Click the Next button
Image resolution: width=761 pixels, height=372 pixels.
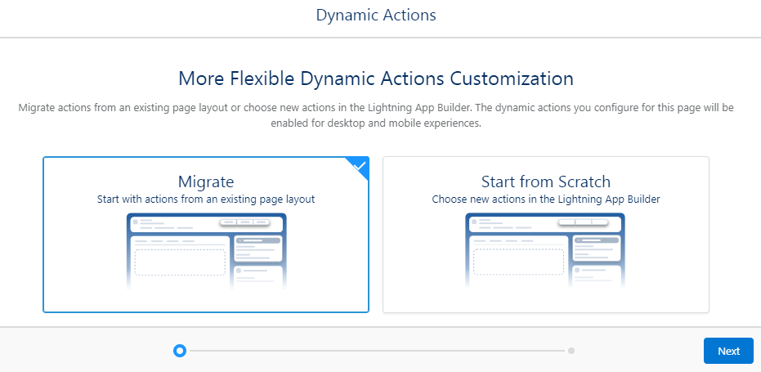[x=728, y=351]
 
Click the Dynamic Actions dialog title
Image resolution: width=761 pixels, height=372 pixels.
[x=376, y=15]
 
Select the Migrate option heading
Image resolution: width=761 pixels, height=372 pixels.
[x=206, y=182]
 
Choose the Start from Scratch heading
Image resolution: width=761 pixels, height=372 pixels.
[x=546, y=182]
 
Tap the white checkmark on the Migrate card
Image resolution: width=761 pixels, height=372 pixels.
[x=360, y=166]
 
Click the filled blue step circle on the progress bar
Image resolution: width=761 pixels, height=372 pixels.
[x=180, y=351]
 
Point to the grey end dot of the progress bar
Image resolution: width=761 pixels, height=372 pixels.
[x=571, y=351]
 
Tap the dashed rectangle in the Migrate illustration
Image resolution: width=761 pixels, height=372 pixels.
[x=180, y=262]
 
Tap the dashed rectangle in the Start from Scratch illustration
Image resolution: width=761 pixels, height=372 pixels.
[x=519, y=262]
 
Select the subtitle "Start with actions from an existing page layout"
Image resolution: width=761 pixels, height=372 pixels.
[x=206, y=199]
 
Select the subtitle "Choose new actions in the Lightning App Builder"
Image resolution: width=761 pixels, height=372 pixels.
[x=546, y=199]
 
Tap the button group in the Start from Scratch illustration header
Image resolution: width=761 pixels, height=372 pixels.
[x=584, y=222]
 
